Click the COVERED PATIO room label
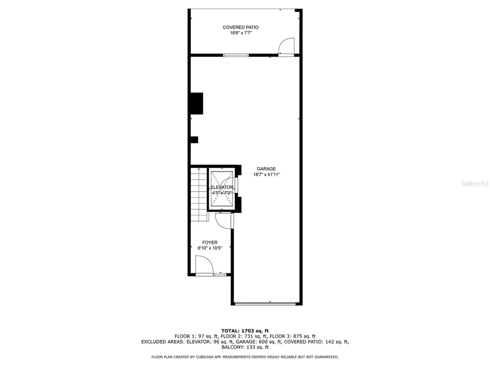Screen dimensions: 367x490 pos(241,27)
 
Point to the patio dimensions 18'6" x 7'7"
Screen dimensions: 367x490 pos(241,33)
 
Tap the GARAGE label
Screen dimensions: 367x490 pos(266,169)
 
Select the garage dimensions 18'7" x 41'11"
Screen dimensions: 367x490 pos(266,174)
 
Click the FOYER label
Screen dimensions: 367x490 pos(210,243)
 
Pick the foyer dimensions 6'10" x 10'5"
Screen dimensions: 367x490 pos(210,248)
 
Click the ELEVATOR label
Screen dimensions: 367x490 pos(222,187)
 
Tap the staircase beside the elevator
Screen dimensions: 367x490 pos(198,193)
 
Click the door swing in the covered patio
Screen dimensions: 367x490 pos(287,47)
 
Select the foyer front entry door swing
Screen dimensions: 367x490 pos(204,265)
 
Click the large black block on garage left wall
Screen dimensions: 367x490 pos(196,103)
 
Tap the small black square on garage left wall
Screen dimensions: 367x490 pos(194,140)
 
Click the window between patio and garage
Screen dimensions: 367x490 pos(236,55)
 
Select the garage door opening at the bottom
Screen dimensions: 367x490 pos(267,303)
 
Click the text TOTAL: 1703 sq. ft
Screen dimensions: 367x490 pos(245,331)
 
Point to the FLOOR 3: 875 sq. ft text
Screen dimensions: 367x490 pos(294,336)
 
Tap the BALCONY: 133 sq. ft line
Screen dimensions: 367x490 pos(245,347)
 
